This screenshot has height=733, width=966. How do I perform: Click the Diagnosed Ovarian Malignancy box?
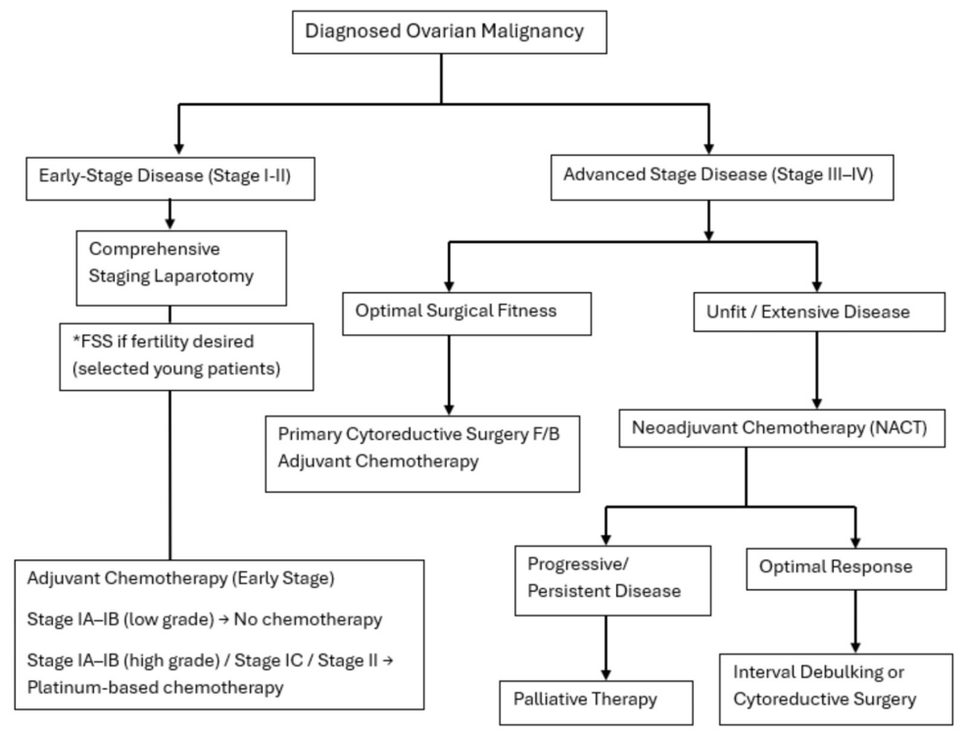(444, 30)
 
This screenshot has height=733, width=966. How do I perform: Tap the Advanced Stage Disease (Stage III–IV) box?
(716, 177)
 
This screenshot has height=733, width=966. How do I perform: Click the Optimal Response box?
(845, 567)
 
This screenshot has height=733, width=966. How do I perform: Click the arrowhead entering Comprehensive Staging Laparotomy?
(170, 224)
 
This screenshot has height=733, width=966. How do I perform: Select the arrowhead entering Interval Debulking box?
(856, 647)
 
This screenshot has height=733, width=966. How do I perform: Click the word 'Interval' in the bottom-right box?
(763, 674)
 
